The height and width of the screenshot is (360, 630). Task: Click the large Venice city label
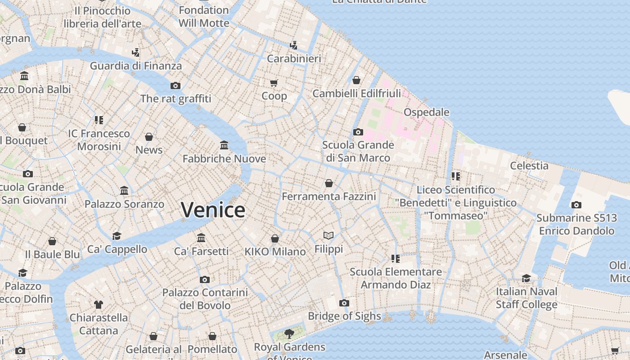tap(213, 210)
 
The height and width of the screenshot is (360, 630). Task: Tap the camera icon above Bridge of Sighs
tap(344, 303)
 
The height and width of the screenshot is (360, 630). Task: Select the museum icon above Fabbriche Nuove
tap(224, 145)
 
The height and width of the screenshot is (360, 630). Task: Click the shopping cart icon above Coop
tap(274, 83)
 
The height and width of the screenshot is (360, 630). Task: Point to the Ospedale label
tap(426, 112)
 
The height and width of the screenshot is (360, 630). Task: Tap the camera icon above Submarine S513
tap(576, 205)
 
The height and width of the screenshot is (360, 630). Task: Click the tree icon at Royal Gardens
tap(289, 333)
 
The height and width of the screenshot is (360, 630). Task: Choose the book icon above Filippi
tap(329, 235)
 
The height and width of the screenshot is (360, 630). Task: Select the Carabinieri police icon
tap(294, 45)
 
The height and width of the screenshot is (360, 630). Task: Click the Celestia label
tap(529, 166)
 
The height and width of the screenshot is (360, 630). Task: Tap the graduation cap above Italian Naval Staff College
tap(526, 278)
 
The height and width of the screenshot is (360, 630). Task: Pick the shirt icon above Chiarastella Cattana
tap(99, 305)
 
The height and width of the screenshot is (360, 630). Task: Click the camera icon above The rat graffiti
tap(175, 85)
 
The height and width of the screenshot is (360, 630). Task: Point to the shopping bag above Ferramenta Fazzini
tap(329, 183)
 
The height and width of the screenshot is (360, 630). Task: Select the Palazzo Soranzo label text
tap(124, 204)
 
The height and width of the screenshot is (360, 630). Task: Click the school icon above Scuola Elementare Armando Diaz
tap(396, 258)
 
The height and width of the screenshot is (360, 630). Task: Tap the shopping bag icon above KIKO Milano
tap(275, 238)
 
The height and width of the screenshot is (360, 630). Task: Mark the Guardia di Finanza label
tap(136, 66)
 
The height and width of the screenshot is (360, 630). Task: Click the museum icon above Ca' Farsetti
tap(201, 238)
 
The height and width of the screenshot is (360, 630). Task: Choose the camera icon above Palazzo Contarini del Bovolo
tap(205, 279)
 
